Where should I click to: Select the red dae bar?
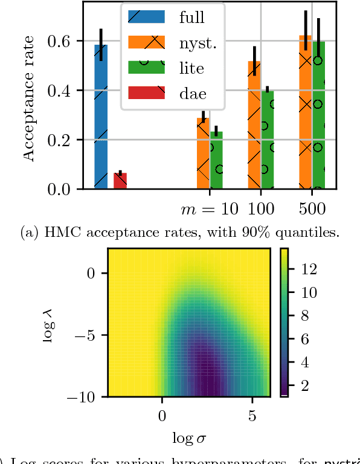point(120,181)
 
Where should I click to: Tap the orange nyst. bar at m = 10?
point(203,153)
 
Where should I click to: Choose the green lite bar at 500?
point(318,115)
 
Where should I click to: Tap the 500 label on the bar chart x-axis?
point(311,209)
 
